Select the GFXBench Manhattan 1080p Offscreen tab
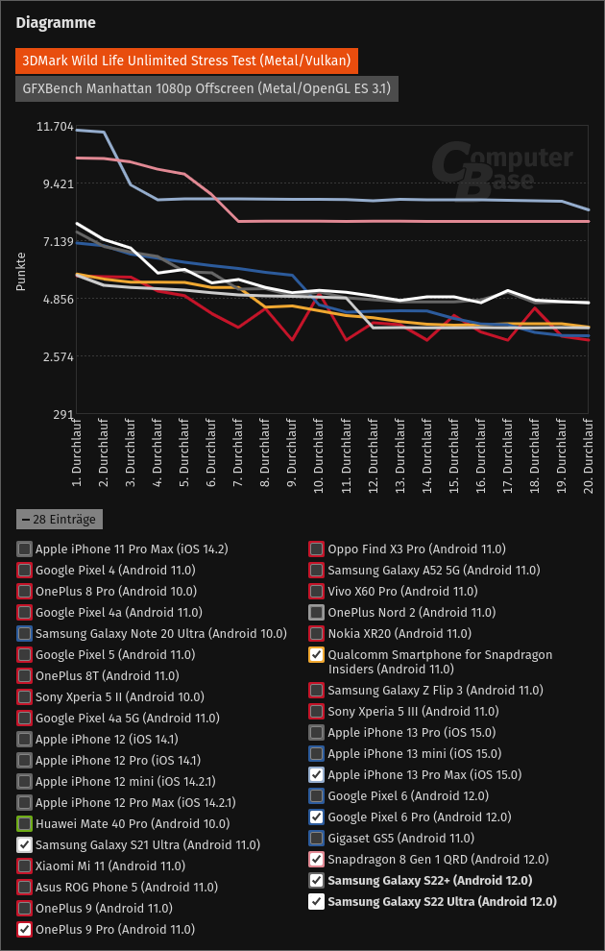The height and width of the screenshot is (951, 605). [x=206, y=88]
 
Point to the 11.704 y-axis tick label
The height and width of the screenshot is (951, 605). [x=55, y=127]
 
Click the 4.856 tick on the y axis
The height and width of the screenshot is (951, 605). [x=55, y=300]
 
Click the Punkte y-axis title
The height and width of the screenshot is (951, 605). [x=20, y=271]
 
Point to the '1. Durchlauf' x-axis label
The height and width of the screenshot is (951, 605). [x=76, y=455]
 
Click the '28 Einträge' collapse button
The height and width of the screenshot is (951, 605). [x=60, y=520]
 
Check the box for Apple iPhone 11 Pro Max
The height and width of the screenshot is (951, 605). [x=24, y=549]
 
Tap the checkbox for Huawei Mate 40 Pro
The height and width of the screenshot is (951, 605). [x=24, y=823]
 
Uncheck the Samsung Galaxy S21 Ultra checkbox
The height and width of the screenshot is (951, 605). [x=24, y=844]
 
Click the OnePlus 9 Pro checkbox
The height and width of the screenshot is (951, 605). [x=24, y=929]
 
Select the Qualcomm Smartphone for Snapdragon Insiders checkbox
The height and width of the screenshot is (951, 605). [x=316, y=655]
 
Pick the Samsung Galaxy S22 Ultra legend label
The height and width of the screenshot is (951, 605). [x=442, y=901]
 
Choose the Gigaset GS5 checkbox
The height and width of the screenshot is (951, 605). [x=316, y=838]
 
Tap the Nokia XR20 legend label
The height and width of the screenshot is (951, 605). [x=399, y=634]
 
